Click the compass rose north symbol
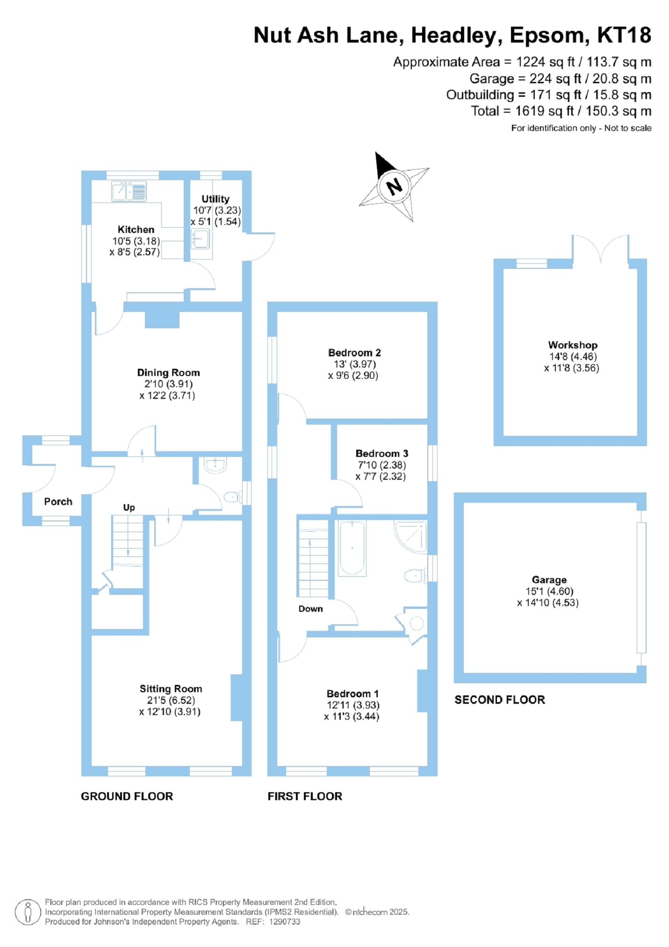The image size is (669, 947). pyautogui.click(x=394, y=187)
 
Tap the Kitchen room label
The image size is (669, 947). pyautogui.click(x=136, y=230)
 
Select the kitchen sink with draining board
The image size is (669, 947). pyautogui.click(x=129, y=192)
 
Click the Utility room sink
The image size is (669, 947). pyautogui.click(x=201, y=239)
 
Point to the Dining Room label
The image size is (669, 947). pyautogui.click(x=168, y=373)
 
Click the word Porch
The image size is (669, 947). pyautogui.click(x=58, y=502)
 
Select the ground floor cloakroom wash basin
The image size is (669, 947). pyautogui.click(x=215, y=465)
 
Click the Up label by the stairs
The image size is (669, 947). pyautogui.click(x=129, y=507)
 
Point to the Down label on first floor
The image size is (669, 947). pyautogui.click(x=310, y=609)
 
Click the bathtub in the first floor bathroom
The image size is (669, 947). pyautogui.click(x=352, y=548)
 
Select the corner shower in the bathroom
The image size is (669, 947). pyautogui.click(x=411, y=536)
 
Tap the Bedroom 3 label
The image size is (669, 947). pyautogui.click(x=381, y=454)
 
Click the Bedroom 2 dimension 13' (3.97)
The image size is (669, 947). pyautogui.click(x=354, y=364)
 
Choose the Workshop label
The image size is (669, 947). pyautogui.click(x=573, y=345)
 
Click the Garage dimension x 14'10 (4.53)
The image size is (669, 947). pyautogui.click(x=548, y=603)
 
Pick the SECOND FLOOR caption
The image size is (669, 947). pyautogui.click(x=500, y=700)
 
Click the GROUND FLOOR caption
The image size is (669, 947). pyautogui.click(x=127, y=796)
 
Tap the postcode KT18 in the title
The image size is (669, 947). pyautogui.click(x=624, y=36)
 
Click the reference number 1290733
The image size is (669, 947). pyautogui.click(x=284, y=922)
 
